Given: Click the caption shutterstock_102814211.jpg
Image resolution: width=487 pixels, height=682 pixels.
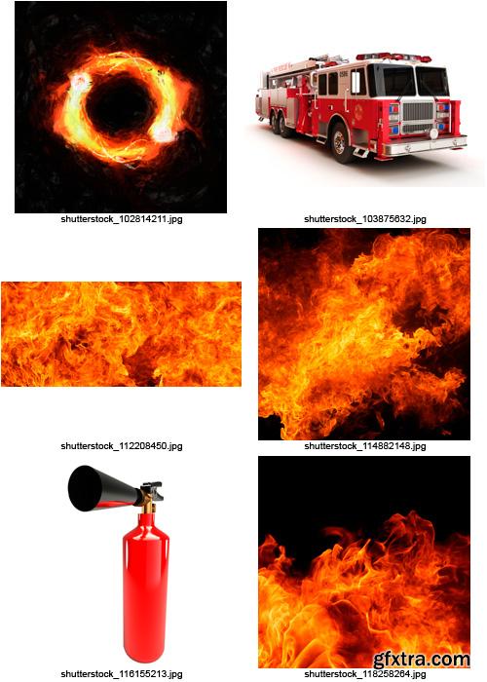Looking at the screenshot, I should click(121, 219).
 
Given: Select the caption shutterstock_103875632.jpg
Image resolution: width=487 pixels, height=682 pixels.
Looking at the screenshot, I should click(364, 219).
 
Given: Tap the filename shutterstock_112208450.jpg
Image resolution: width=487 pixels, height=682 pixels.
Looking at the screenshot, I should click(121, 445).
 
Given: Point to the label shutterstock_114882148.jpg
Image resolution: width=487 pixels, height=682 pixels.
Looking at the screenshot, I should click(364, 445).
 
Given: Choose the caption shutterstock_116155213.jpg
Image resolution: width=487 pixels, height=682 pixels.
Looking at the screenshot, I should click(121, 673).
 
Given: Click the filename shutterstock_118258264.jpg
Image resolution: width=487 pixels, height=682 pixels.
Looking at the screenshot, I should click(364, 673).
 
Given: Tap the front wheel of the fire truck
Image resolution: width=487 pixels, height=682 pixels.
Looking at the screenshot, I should click(341, 143).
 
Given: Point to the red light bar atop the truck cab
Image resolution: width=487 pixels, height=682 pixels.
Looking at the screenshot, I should click(393, 57).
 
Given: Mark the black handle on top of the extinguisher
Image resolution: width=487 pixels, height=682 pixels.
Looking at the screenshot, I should click(149, 484).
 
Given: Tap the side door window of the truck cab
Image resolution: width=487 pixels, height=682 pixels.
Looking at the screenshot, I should click(357, 82).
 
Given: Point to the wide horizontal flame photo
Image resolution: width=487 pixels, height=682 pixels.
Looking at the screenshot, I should click(121, 334).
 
